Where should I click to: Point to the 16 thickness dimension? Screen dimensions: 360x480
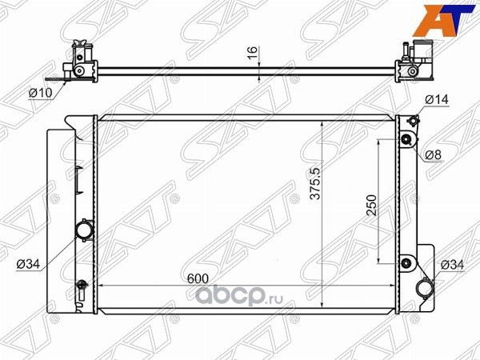pyautogui.click(x=253, y=54)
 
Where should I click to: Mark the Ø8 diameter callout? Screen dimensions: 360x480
pyautogui.click(x=433, y=154)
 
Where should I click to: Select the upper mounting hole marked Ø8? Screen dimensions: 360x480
pyautogui.click(x=406, y=142)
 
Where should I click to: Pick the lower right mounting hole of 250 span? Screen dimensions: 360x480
pyautogui.click(x=406, y=263)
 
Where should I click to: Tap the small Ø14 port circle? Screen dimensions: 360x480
pyautogui.click(x=412, y=122)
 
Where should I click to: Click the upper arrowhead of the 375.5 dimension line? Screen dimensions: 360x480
pyautogui.click(x=322, y=124)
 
